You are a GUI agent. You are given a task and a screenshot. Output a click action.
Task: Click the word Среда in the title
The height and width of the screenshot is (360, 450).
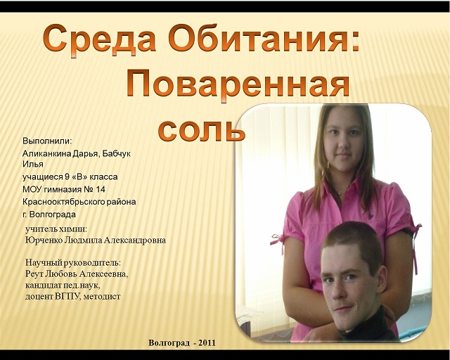pos(99,39)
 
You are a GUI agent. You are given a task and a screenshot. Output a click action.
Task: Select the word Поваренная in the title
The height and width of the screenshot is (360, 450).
pos(238,84)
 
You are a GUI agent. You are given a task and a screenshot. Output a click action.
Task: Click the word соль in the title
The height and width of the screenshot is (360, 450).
pos(202,131)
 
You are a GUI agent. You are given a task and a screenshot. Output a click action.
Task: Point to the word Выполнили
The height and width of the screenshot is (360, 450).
pos(47,141)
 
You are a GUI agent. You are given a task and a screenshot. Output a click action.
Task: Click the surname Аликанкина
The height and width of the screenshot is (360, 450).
pos(47,153)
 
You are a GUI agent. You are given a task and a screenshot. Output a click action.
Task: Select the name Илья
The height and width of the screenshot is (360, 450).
pos(33,165)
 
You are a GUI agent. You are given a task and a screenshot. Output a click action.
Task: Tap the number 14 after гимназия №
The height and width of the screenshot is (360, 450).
pos(100,189)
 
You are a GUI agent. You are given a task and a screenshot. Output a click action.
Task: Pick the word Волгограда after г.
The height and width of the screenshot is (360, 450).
pos(53,214)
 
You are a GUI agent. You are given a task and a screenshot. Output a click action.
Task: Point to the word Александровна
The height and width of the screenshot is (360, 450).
pos(134,240)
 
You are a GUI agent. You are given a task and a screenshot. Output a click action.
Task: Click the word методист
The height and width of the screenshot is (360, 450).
pos(102,297)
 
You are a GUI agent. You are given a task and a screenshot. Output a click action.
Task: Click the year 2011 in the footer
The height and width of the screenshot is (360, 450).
pos(207,343)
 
